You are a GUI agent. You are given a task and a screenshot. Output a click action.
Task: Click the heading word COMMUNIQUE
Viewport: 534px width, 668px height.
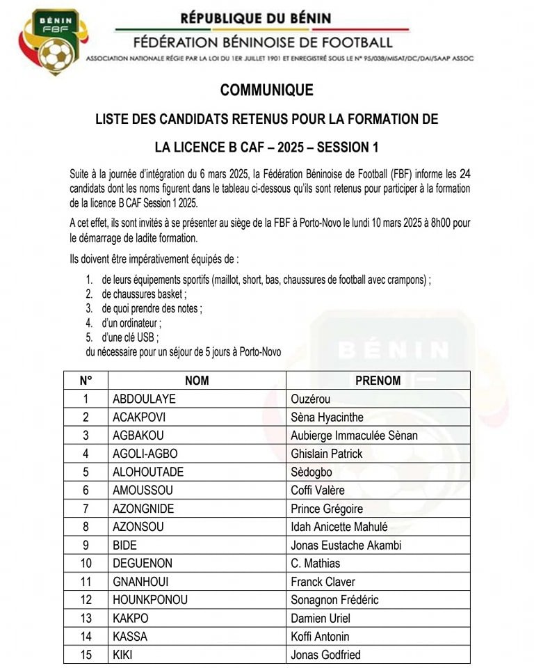coord(267,90)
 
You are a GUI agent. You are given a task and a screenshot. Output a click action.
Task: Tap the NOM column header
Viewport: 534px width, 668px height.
coord(197,381)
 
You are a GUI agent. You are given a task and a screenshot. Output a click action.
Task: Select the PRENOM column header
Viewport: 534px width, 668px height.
coord(378,381)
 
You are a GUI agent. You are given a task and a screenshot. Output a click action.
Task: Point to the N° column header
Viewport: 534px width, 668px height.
coord(86,381)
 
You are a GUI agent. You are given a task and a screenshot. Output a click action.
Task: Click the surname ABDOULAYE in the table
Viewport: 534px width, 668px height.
coord(144,399)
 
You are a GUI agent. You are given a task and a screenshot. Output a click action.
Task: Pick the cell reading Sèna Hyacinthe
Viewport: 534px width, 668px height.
coord(327,417)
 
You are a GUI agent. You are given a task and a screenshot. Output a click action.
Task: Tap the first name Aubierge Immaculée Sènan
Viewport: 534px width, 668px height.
coord(354,436)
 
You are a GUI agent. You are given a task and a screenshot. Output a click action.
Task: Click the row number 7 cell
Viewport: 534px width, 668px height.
coord(86,509)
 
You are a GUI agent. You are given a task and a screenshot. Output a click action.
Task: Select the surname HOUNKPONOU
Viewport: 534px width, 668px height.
coord(150,600)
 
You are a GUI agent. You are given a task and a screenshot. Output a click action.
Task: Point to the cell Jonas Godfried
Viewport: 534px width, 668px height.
coord(325,655)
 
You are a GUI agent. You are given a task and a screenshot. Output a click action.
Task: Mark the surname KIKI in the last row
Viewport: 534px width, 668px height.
coord(122,655)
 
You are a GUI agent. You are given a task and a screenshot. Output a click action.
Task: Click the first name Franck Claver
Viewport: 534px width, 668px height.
coord(323,582)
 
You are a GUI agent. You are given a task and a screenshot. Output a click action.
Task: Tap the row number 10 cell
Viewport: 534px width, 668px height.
coord(86,563)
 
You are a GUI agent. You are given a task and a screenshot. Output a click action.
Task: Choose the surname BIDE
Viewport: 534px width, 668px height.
coord(125,545)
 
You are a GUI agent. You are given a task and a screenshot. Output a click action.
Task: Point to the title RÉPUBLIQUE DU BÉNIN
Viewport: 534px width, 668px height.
coord(256,17)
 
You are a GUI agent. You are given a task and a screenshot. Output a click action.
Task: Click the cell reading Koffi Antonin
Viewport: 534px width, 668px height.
coord(320,636)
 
